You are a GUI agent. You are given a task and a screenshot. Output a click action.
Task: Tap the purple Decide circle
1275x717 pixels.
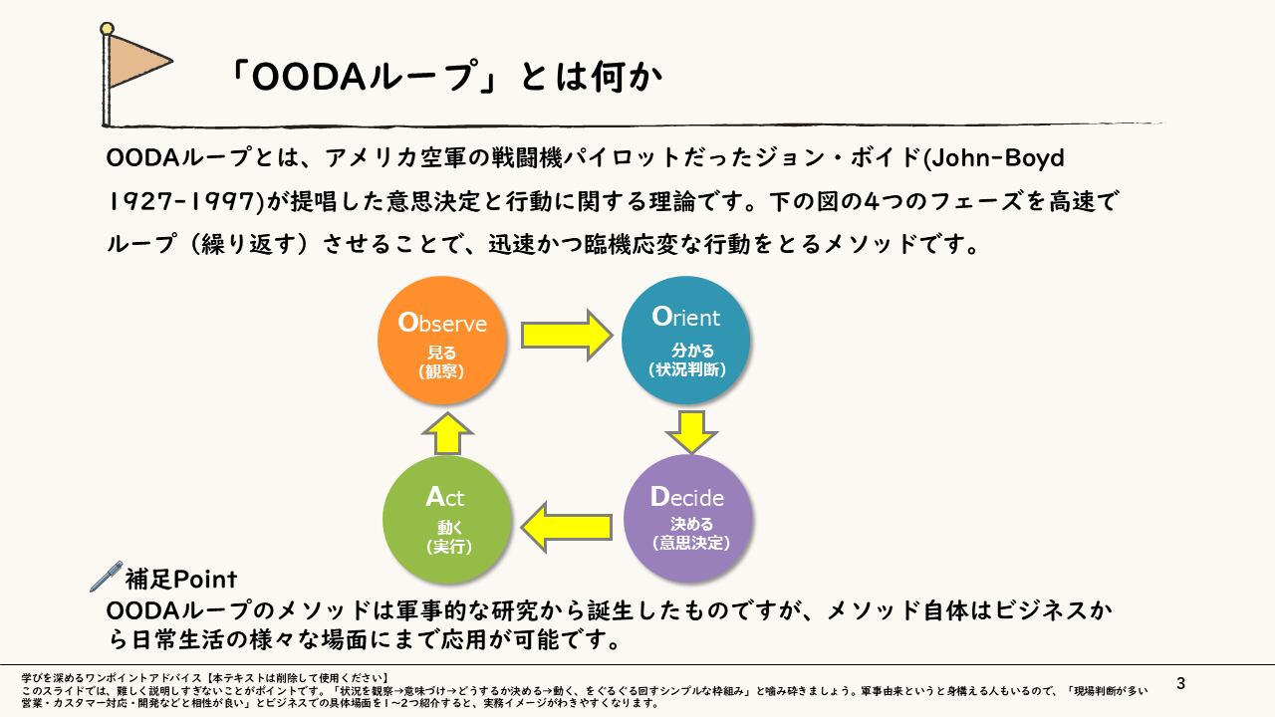(x=687, y=518)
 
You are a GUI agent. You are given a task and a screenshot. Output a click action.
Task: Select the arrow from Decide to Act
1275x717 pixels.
(x=567, y=527)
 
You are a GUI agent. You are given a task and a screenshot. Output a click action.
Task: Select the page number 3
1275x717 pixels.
(x=1181, y=683)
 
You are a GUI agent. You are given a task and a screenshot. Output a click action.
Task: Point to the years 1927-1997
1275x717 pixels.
(x=182, y=201)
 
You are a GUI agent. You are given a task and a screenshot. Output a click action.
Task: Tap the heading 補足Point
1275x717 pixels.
(x=180, y=578)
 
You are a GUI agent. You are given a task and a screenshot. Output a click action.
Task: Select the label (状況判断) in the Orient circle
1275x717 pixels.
(x=686, y=369)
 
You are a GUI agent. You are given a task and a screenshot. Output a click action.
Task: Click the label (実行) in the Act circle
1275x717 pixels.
(x=448, y=547)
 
